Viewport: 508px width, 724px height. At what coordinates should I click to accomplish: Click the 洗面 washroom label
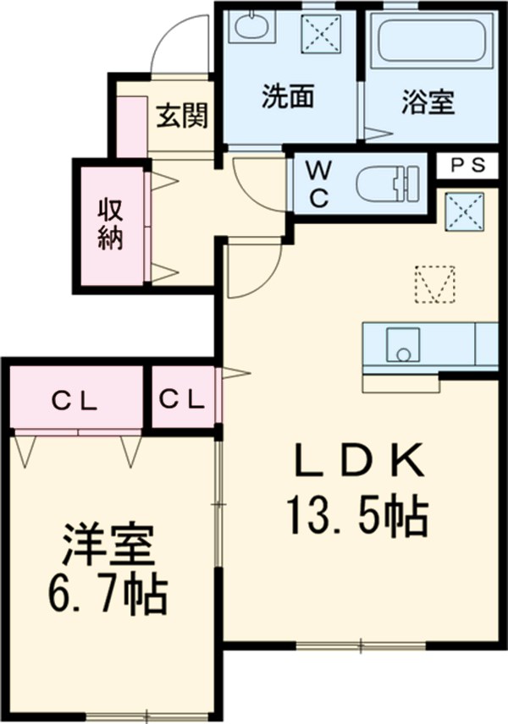(x=288, y=99)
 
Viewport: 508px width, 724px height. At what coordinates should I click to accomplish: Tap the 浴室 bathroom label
(x=428, y=101)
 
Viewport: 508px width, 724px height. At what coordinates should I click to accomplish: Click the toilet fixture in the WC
(x=387, y=182)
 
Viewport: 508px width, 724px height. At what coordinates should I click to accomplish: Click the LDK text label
(x=358, y=462)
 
